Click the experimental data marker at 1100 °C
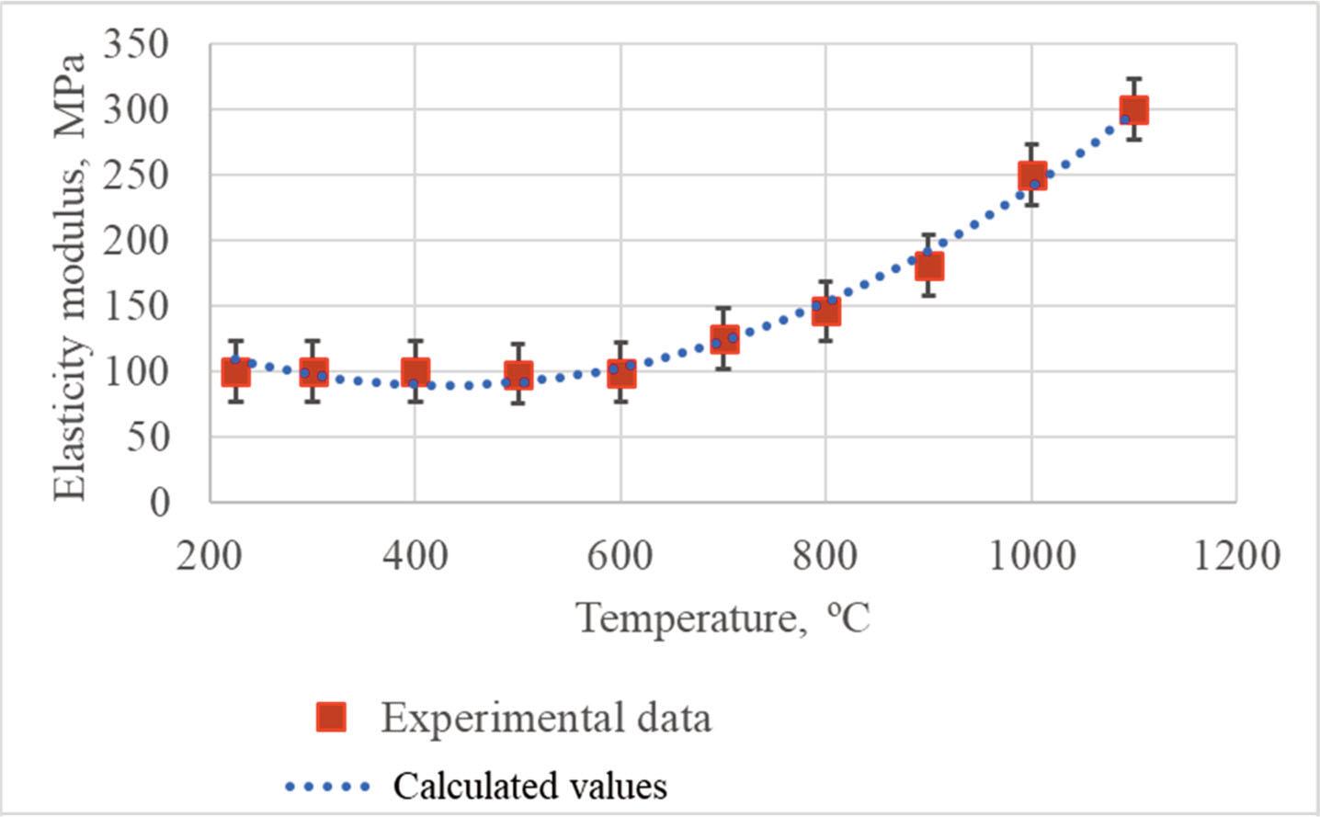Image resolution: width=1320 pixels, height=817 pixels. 1133,110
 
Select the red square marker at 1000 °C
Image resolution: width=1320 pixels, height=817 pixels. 1031,176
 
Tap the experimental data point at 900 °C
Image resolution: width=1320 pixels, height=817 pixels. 928,267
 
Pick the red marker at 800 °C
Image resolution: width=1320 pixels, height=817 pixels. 825,312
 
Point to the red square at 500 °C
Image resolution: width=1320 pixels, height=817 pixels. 518,376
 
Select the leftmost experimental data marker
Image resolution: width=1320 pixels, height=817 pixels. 235,372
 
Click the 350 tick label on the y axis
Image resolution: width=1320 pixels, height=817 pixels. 136,43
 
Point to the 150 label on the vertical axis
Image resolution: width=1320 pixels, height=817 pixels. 136,306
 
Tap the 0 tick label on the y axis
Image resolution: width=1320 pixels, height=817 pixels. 160,503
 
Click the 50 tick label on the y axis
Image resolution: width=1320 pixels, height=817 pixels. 147,437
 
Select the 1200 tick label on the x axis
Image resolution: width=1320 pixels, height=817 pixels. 1235,556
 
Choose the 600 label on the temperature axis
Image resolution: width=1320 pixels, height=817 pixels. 620,556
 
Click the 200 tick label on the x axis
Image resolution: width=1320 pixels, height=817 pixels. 211,556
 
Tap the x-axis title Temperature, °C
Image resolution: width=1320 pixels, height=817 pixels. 723,618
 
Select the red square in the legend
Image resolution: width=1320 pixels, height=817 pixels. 331,717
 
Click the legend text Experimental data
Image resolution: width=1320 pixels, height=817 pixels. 546,718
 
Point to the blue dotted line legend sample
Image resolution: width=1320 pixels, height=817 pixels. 327,787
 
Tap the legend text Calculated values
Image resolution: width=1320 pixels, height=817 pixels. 529,787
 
